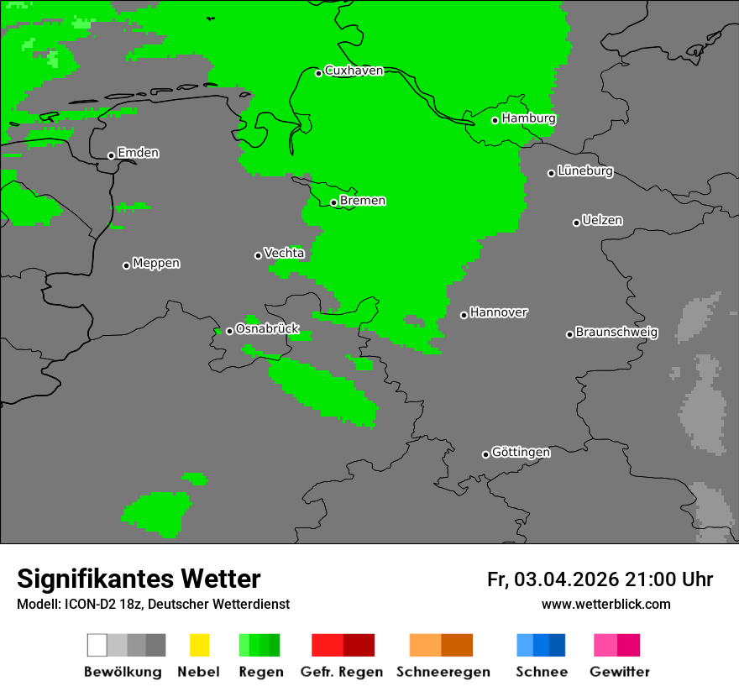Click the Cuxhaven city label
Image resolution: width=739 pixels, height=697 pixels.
(x=354, y=71)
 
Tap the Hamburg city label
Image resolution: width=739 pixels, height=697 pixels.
(x=528, y=118)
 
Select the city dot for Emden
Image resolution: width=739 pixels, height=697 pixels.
(x=111, y=155)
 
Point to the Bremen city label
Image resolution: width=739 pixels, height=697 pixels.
(x=363, y=201)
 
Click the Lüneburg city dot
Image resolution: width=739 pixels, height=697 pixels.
(x=551, y=173)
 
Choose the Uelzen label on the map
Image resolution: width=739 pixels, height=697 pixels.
(x=602, y=220)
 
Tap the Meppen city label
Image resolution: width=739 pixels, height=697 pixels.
(x=156, y=263)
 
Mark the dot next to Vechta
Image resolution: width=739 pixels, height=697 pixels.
(x=258, y=255)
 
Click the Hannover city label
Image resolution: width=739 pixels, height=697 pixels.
(x=499, y=312)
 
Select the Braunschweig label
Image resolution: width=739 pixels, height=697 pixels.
(x=616, y=332)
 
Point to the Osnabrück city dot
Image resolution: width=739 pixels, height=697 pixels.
(x=229, y=331)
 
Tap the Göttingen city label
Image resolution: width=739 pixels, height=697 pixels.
(x=521, y=452)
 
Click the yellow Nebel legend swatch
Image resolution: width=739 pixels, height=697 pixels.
(x=199, y=645)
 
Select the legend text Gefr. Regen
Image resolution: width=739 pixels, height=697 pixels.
(x=342, y=672)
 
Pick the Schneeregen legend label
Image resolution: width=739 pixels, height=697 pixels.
(x=443, y=672)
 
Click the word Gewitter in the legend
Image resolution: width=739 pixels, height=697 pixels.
(x=620, y=672)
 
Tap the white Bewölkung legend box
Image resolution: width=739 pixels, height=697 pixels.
(x=97, y=645)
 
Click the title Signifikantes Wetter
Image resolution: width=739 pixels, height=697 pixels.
(x=139, y=579)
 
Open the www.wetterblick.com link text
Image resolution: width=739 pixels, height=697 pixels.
(x=605, y=604)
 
